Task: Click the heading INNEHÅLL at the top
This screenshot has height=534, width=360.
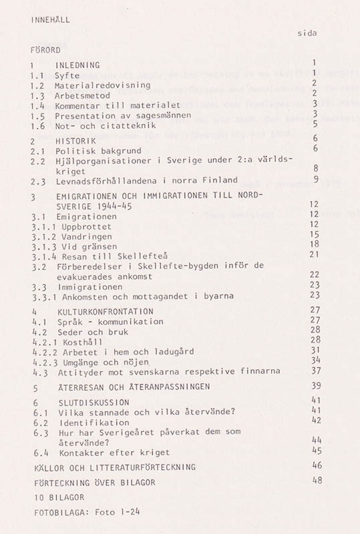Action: pos(50,20)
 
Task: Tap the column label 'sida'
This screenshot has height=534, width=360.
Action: pos(307,33)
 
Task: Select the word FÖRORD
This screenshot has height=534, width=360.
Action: pos(45,50)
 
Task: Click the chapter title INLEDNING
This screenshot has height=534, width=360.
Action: pos(77,65)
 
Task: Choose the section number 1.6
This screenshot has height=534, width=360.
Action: pos(38,125)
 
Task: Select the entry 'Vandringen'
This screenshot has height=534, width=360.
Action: pos(83,236)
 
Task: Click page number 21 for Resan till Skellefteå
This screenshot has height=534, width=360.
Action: pos(314,254)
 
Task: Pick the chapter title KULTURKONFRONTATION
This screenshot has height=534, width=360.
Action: pos(104,312)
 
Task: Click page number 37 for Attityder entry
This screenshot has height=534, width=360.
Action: pos(316,370)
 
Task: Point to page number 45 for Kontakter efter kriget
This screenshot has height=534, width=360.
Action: pos(316,451)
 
